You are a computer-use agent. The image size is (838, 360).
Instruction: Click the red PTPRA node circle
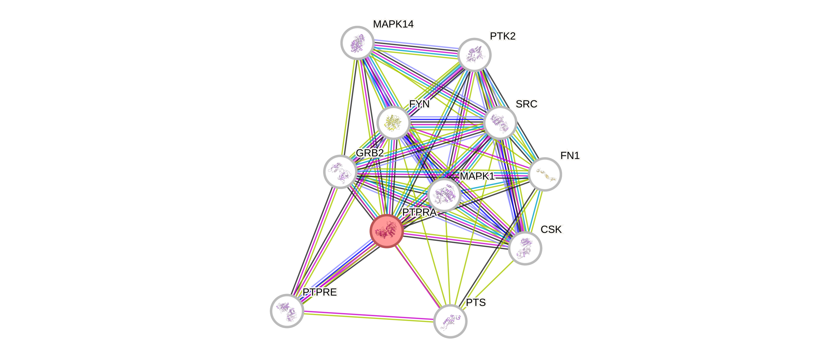pos(387,231)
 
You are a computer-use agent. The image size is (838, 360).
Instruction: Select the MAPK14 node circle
pos(357,43)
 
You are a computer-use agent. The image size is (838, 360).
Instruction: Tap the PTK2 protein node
pos(474,55)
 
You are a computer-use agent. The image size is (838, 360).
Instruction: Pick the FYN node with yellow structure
pos(393,123)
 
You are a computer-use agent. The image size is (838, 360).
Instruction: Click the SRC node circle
pos(500,123)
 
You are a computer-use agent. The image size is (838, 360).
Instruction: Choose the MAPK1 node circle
pos(444,195)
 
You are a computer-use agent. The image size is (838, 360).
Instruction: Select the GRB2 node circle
pos(340,171)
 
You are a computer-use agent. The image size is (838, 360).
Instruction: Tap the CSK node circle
pos(525,248)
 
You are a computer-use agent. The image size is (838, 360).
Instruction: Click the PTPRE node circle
pos(287,310)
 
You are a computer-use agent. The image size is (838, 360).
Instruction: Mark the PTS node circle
pos(450,321)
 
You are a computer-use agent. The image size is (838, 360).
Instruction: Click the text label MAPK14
pos(393,24)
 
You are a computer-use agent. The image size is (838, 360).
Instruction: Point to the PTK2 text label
pos(503,36)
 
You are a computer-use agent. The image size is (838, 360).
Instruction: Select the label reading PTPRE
pos(320,292)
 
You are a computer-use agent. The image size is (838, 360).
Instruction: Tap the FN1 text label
pos(570,156)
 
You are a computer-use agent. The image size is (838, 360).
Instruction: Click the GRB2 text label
pos(370,153)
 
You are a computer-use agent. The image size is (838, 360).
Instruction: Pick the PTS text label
pos(476,302)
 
